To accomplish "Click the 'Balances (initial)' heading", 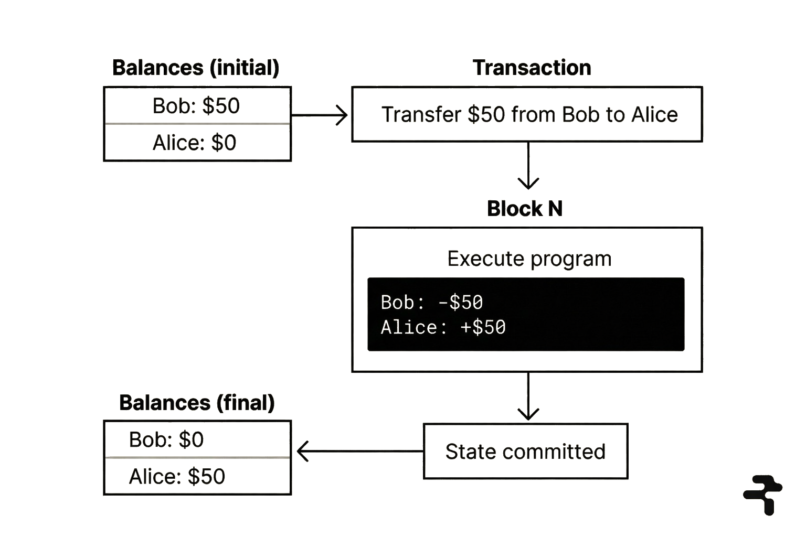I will point(196,68).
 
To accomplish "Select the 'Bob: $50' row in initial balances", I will point(197,106).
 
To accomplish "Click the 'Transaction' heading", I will point(532,68).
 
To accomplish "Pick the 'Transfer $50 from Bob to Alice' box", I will point(527,114).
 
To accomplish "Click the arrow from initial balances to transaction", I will point(320,115).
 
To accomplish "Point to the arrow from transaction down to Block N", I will point(528,165).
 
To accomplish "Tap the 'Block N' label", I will point(525,209).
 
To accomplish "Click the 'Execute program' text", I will point(529,259).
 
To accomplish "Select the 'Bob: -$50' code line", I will point(432,302).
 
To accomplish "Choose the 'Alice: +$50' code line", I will point(443,327).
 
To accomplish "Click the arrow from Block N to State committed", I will point(528,396).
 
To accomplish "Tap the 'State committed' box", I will point(525,452).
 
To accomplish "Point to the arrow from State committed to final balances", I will point(359,451).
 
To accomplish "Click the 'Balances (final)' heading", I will point(197,403).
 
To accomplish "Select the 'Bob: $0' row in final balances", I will point(167,439).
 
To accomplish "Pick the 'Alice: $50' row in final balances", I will point(177,476).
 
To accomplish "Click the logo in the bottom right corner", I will point(763,494).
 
